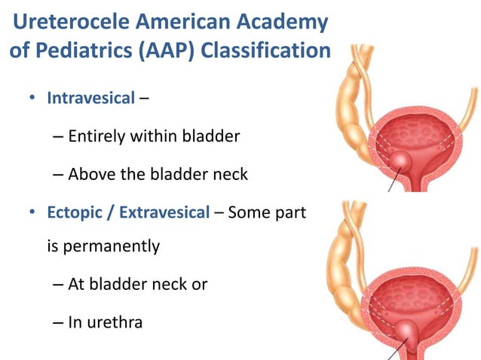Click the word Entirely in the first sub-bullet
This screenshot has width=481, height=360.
(94, 136)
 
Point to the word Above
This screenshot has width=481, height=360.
(90, 174)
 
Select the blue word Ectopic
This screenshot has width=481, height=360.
(75, 212)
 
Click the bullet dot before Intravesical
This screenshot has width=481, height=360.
(33, 99)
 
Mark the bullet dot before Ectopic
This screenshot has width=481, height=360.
(33, 213)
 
